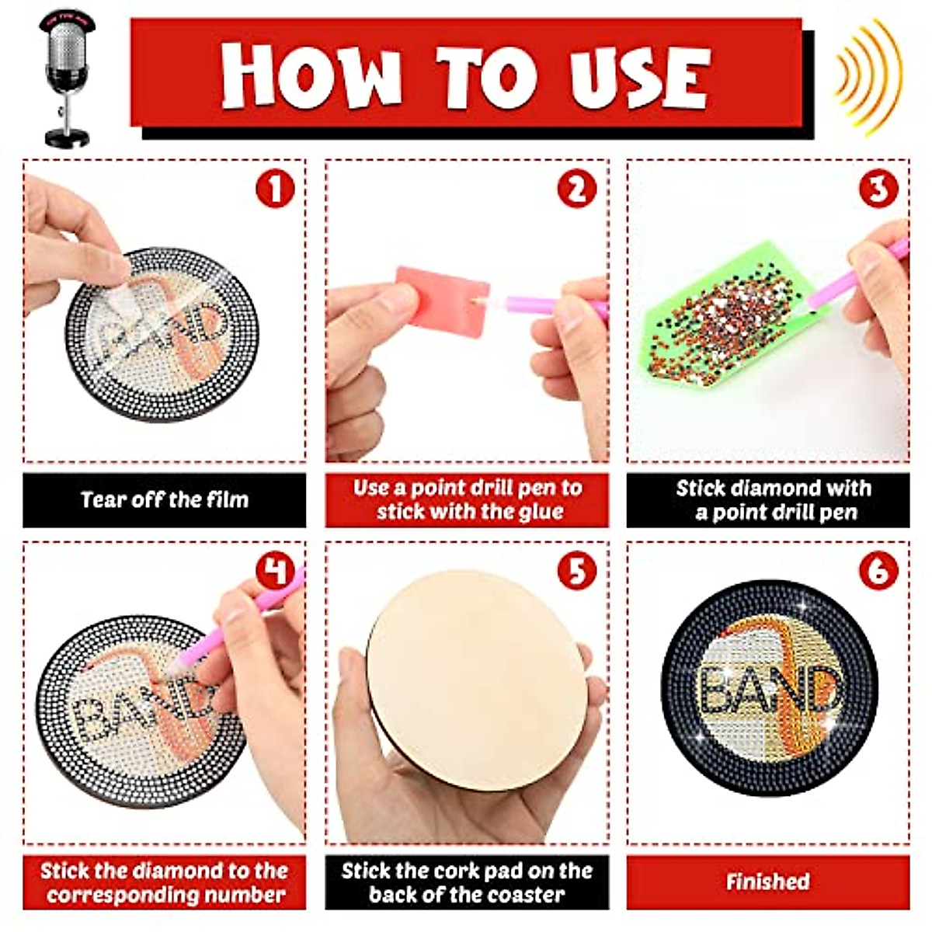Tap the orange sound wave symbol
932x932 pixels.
(x=868, y=74)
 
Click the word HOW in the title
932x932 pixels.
(x=311, y=75)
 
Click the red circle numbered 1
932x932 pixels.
(x=275, y=189)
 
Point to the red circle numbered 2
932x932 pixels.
(x=576, y=189)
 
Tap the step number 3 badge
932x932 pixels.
(x=878, y=189)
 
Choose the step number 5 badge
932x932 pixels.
(x=576, y=572)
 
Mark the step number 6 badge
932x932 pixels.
(x=878, y=572)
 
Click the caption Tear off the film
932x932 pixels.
(x=164, y=499)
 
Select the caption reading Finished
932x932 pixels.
(x=767, y=882)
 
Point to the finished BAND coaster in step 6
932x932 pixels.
(x=768, y=687)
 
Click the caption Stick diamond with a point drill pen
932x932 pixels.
(x=774, y=500)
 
